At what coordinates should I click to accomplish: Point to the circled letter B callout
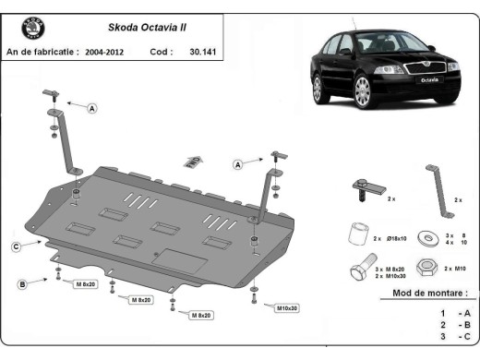(22, 284)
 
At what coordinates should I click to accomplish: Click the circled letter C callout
(17, 246)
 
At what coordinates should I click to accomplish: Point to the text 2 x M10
(454, 267)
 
